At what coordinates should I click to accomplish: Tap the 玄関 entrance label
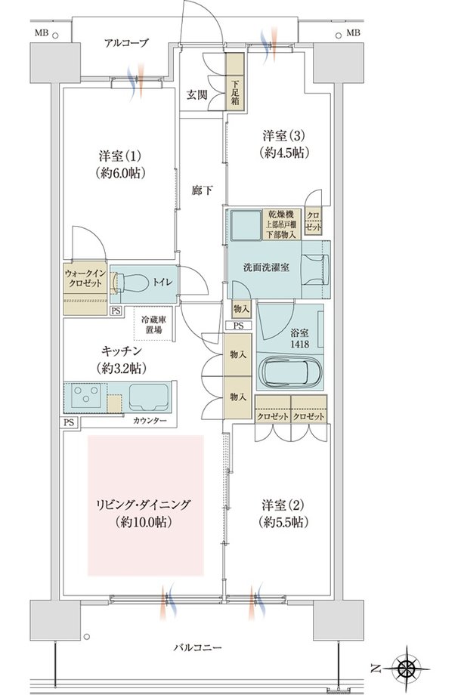[x=196, y=95]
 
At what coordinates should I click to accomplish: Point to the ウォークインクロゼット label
[x=85, y=278]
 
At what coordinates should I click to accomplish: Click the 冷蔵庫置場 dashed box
[x=154, y=324]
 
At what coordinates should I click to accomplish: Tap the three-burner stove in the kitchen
[x=86, y=394]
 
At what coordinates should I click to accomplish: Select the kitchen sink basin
[x=148, y=397]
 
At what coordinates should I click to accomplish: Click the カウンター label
[x=150, y=421]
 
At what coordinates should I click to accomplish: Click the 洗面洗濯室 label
[x=266, y=267]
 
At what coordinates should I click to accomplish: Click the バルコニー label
[x=196, y=647]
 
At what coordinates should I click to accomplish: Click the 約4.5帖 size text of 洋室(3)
[x=284, y=153]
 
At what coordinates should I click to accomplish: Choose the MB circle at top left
[x=55, y=36]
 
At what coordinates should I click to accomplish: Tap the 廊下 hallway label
[x=202, y=190]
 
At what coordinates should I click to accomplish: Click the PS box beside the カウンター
[x=69, y=422]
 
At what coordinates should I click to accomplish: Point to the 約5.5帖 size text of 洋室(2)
[x=283, y=522]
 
